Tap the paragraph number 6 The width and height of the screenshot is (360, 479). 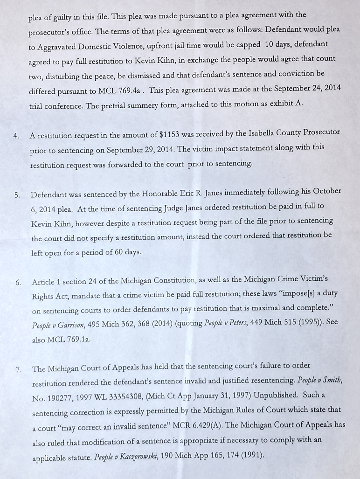18,282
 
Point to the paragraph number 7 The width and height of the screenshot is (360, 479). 19,369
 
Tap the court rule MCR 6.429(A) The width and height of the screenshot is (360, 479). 182,425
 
